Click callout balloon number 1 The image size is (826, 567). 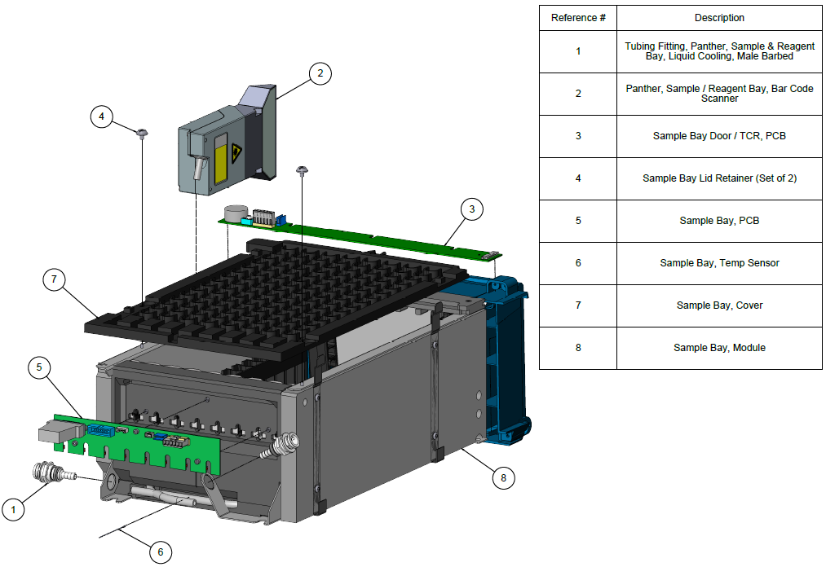point(13,509)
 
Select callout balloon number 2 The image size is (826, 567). point(320,73)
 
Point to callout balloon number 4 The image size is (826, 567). point(101,116)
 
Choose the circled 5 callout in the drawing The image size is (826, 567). point(39,367)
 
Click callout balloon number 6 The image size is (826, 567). point(160,552)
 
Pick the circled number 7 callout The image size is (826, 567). point(54,279)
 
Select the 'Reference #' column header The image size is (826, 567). point(578,18)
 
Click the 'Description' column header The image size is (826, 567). point(719,18)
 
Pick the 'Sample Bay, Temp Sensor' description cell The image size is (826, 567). point(719,263)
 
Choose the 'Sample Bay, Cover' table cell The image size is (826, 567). point(719,305)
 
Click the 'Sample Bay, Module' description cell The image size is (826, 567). point(719,348)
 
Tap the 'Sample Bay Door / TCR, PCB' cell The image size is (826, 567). point(719,136)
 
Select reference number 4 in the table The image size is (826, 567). point(578,178)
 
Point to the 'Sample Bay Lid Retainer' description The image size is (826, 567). point(719,178)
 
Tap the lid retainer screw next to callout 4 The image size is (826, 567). point(143,133)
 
